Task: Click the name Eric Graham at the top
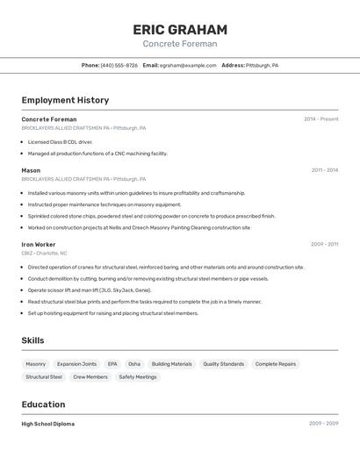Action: pos(180,29)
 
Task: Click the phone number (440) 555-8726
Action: pos(119,65)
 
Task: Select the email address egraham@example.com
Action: pos(188,65)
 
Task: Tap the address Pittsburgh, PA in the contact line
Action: pos(262,65)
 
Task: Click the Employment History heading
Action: pos(65,100)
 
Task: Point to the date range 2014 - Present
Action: pos(320,118)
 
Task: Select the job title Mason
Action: pos(31,170)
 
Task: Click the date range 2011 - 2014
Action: pos(324,170)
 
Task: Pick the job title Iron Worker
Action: pos(39,244)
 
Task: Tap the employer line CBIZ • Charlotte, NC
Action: pos(44,253)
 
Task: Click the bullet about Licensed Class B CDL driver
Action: pos(60,141)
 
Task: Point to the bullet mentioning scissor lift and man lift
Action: pos(90,290)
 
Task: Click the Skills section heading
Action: pos(32,340)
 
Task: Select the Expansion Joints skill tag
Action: pos(76,363)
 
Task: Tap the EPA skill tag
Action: pos(112,363)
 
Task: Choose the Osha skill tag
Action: pos(134,363)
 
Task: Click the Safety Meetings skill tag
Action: pos(138,376)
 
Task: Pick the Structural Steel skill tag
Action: pos(44,376)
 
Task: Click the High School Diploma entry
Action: pos(48,424)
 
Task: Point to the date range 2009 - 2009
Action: pos(323,424)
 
